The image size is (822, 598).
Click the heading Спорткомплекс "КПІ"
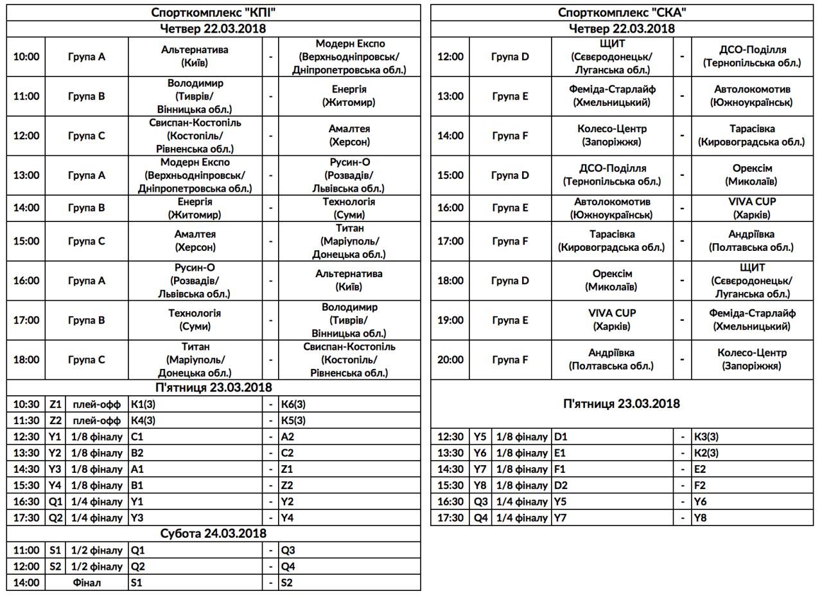(214, 12)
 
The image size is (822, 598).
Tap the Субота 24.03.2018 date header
(214, 533)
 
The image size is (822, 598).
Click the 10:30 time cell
(26, 404)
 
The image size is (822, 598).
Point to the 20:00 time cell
(450, 359)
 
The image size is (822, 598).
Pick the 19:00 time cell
(450, 320)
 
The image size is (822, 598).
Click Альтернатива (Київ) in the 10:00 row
(195, 56)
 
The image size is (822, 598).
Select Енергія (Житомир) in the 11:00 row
(349, 96)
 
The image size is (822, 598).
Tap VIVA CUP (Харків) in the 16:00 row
(752, 208)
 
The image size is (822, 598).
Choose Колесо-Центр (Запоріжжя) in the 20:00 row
(752, 359)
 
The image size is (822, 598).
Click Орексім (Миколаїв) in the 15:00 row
(752, 175)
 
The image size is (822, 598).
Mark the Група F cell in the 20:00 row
(511, 359)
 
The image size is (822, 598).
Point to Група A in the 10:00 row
(87, 56)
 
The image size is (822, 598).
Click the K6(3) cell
(292, 404)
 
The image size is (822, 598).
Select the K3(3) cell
(706, 437)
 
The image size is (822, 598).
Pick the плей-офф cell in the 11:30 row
(97, 420)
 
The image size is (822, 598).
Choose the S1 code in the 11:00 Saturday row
(54, 550)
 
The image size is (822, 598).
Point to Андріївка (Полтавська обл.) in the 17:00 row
(752, 241)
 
